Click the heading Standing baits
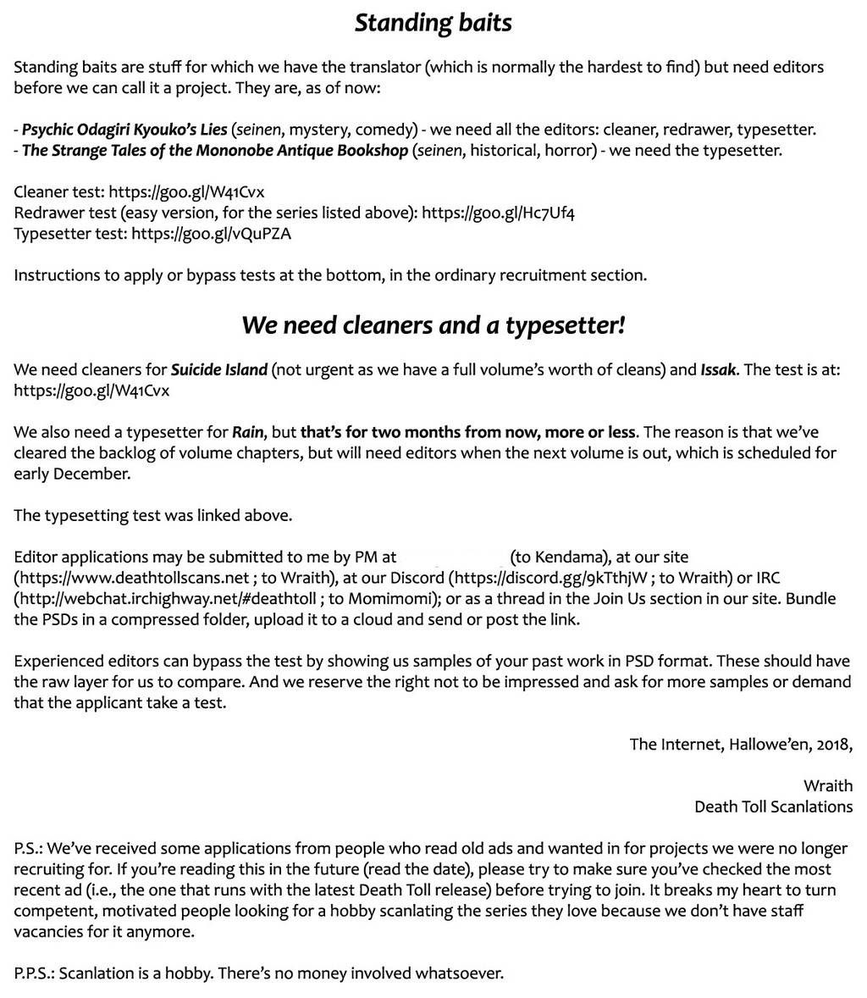pos(433,22)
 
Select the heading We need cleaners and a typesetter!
pos(433,324)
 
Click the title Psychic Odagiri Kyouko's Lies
pos(124,130)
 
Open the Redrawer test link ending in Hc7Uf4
pos(499,213)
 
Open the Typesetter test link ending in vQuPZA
pos(211,234)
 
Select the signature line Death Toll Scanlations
pos(773,807)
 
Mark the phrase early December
pos(71,474)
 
